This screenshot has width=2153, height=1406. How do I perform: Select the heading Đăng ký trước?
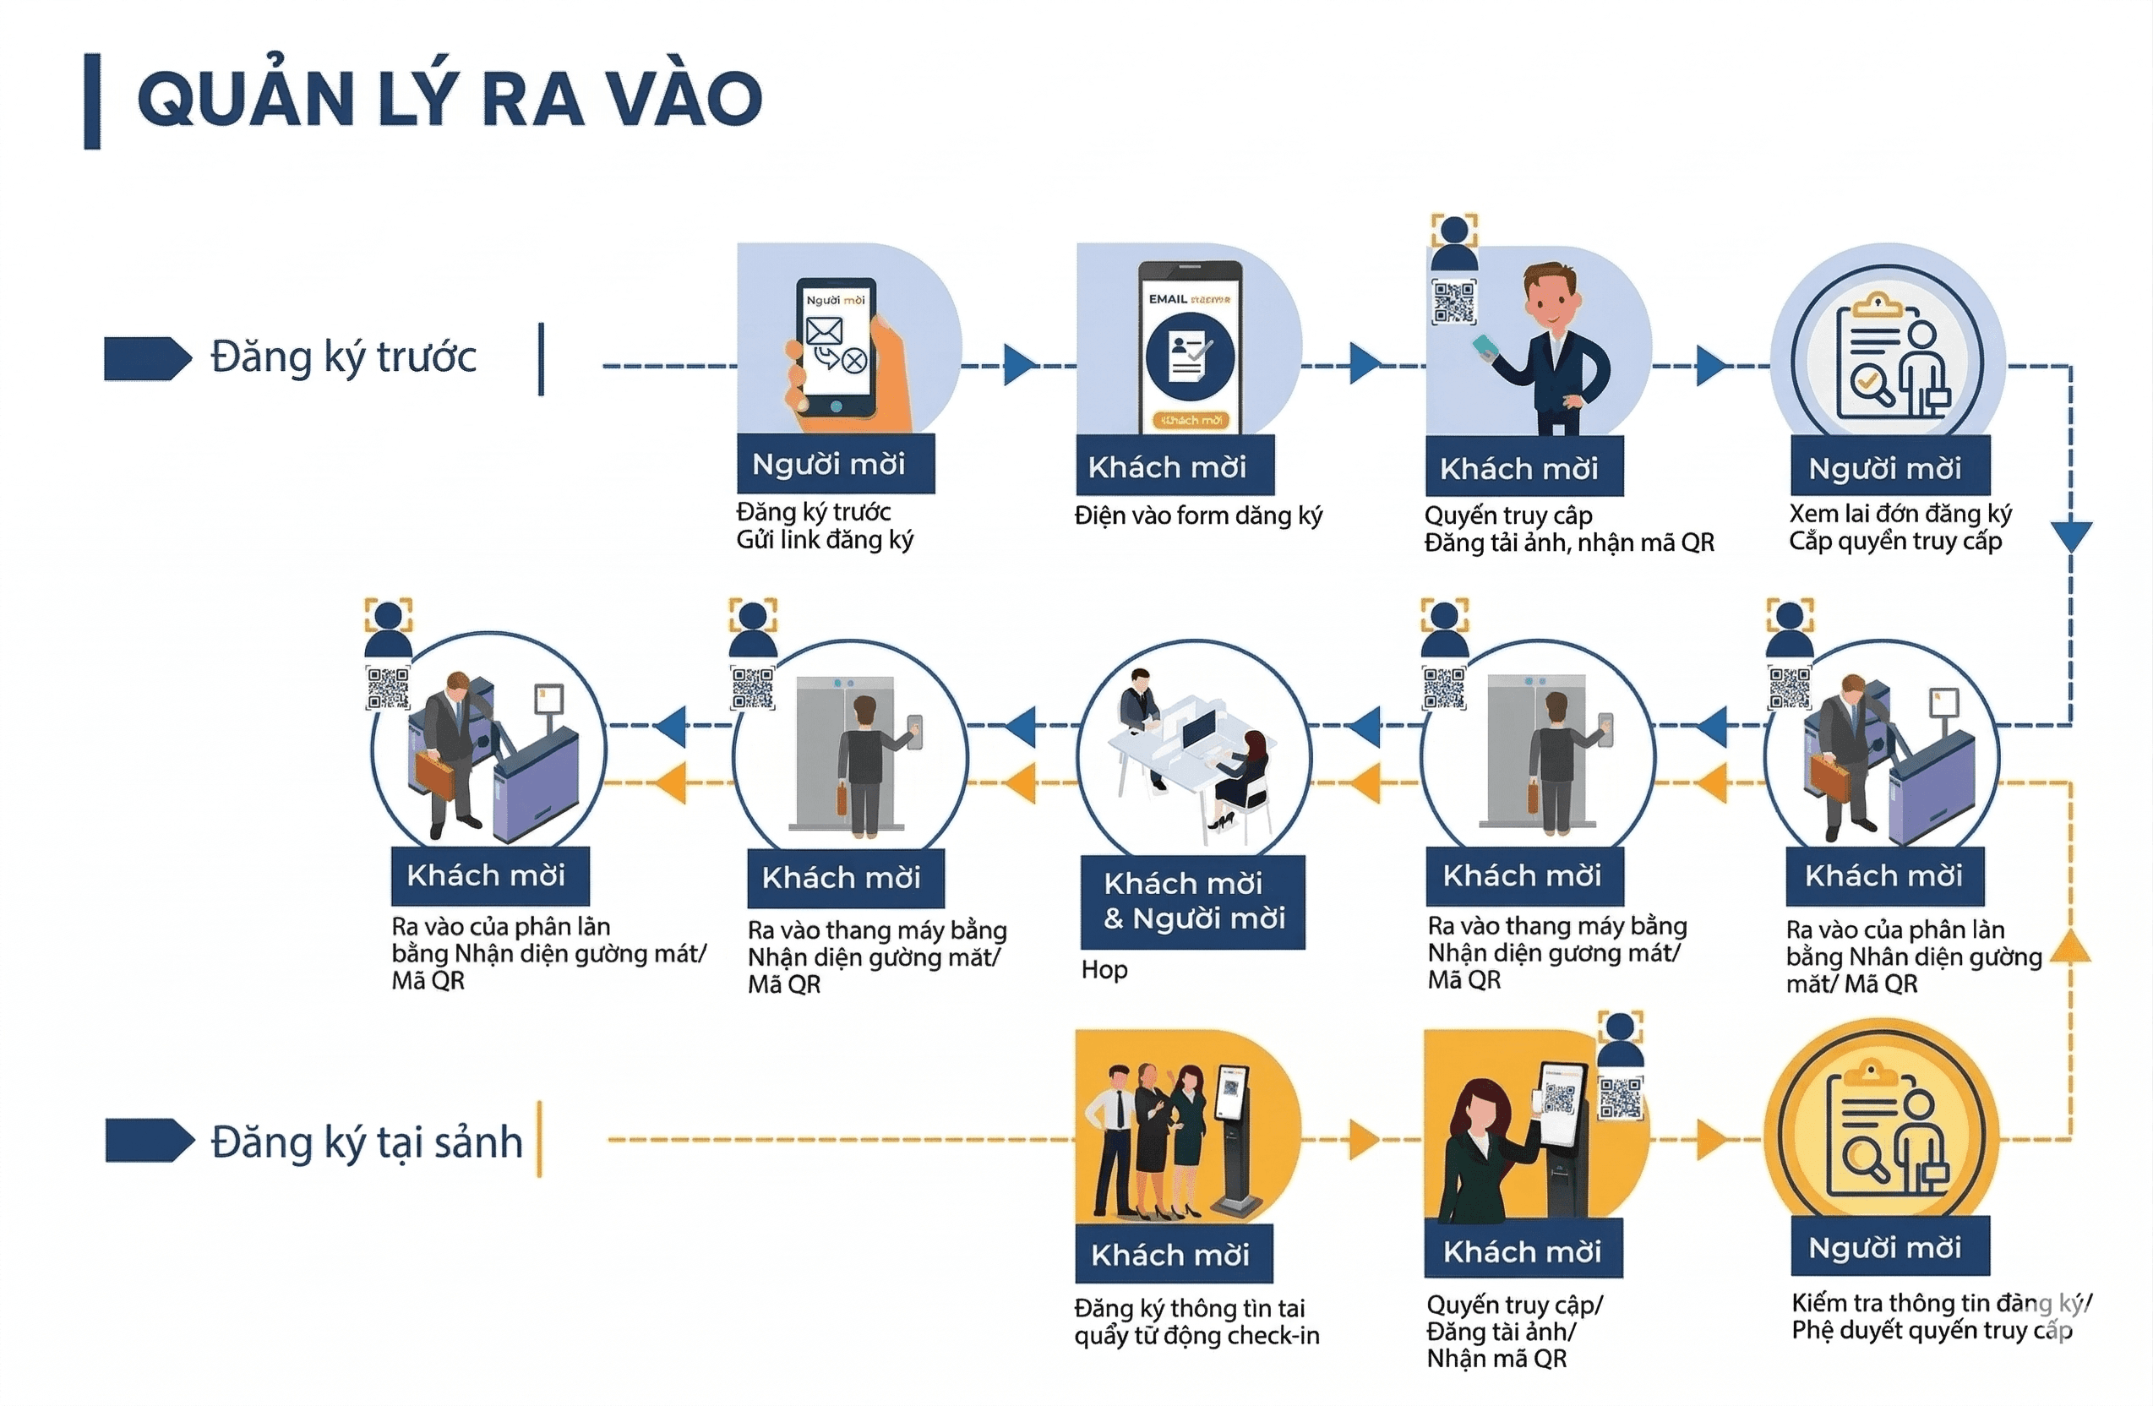click(343, 357)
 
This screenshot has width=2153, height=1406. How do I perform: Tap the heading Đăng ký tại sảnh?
click(367, 1142)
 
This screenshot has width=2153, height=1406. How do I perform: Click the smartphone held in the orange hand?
click(836, 348)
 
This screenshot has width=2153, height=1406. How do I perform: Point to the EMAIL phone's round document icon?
click(1189, 356)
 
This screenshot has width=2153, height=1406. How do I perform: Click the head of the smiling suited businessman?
click(1551, 297)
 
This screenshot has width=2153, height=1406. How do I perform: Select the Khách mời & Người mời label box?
click(1193, 902)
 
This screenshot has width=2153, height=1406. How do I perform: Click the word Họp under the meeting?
click(1104, 970)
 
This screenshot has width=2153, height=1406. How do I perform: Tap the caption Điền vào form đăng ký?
click(1197, 515)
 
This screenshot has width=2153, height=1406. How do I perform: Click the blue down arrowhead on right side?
click(2071, 536)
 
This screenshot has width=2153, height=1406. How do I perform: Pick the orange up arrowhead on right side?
click(2070, 945)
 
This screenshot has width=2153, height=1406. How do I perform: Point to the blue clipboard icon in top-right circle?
click(1886, 362)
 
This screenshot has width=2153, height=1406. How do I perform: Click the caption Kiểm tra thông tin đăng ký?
click(1940, 1303)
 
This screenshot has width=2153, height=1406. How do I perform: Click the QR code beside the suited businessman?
click(1453, 302)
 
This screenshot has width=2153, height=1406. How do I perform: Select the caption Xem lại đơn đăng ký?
click(1900, 514)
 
